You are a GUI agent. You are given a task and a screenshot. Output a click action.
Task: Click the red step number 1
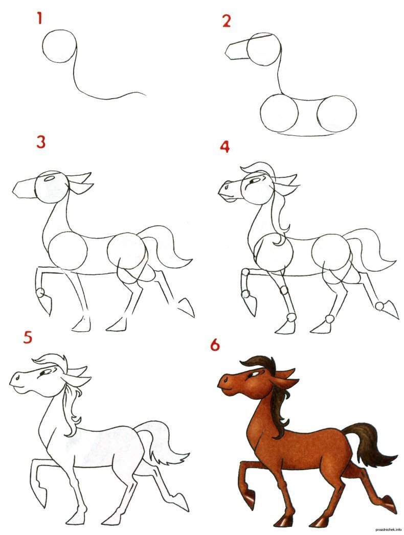pos(40,19)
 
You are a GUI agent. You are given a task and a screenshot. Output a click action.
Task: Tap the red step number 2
pos(226,21)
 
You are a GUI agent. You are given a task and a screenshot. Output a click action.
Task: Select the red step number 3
pos(41,142)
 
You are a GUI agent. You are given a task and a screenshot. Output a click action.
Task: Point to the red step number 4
pos(225,146)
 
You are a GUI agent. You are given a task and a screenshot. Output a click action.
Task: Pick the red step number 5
pos(28,337)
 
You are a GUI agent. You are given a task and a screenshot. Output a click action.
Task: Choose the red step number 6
pos(215,345)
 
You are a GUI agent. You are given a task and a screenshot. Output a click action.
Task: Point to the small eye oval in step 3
pos(50,178)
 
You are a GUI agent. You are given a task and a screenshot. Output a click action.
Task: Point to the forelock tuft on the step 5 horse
pos(50,360)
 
